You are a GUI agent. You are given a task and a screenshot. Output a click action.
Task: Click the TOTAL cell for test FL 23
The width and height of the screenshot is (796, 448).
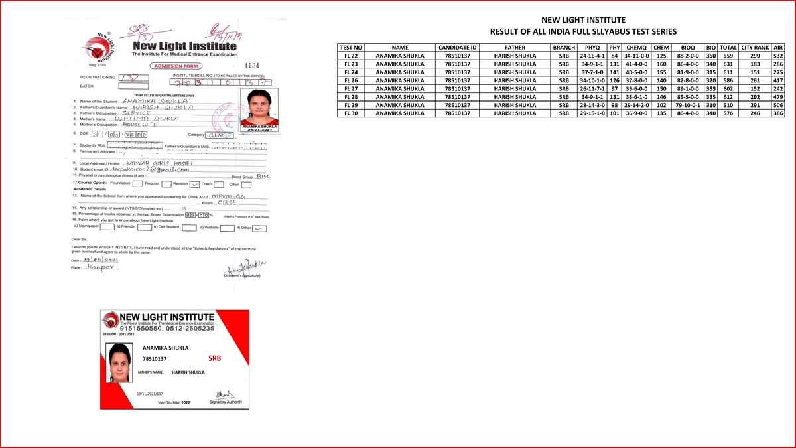click(728, 64)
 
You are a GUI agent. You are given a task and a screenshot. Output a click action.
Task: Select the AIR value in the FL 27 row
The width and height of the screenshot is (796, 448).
click(778, 89)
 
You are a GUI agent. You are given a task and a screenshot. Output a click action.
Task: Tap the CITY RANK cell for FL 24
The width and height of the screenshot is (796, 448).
click(755, 72)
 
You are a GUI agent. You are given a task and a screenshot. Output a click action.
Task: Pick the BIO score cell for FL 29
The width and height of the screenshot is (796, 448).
click(710, 106)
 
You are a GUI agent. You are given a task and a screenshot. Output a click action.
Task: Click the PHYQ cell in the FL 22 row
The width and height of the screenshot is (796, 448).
click(590, 56)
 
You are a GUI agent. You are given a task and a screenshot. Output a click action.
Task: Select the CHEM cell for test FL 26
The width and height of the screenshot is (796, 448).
click(661, 81)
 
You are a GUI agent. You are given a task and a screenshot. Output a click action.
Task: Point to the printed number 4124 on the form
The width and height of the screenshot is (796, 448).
click(251, 66)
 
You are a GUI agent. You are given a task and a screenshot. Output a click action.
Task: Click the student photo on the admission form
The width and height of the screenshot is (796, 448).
click(263, 109)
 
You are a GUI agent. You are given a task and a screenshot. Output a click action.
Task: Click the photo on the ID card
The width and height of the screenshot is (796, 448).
click(119, 362)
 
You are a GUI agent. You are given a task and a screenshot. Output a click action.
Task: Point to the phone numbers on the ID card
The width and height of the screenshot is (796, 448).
click(167, 328)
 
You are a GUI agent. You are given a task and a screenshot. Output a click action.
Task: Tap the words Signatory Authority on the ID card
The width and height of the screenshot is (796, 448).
click(226, 402)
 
